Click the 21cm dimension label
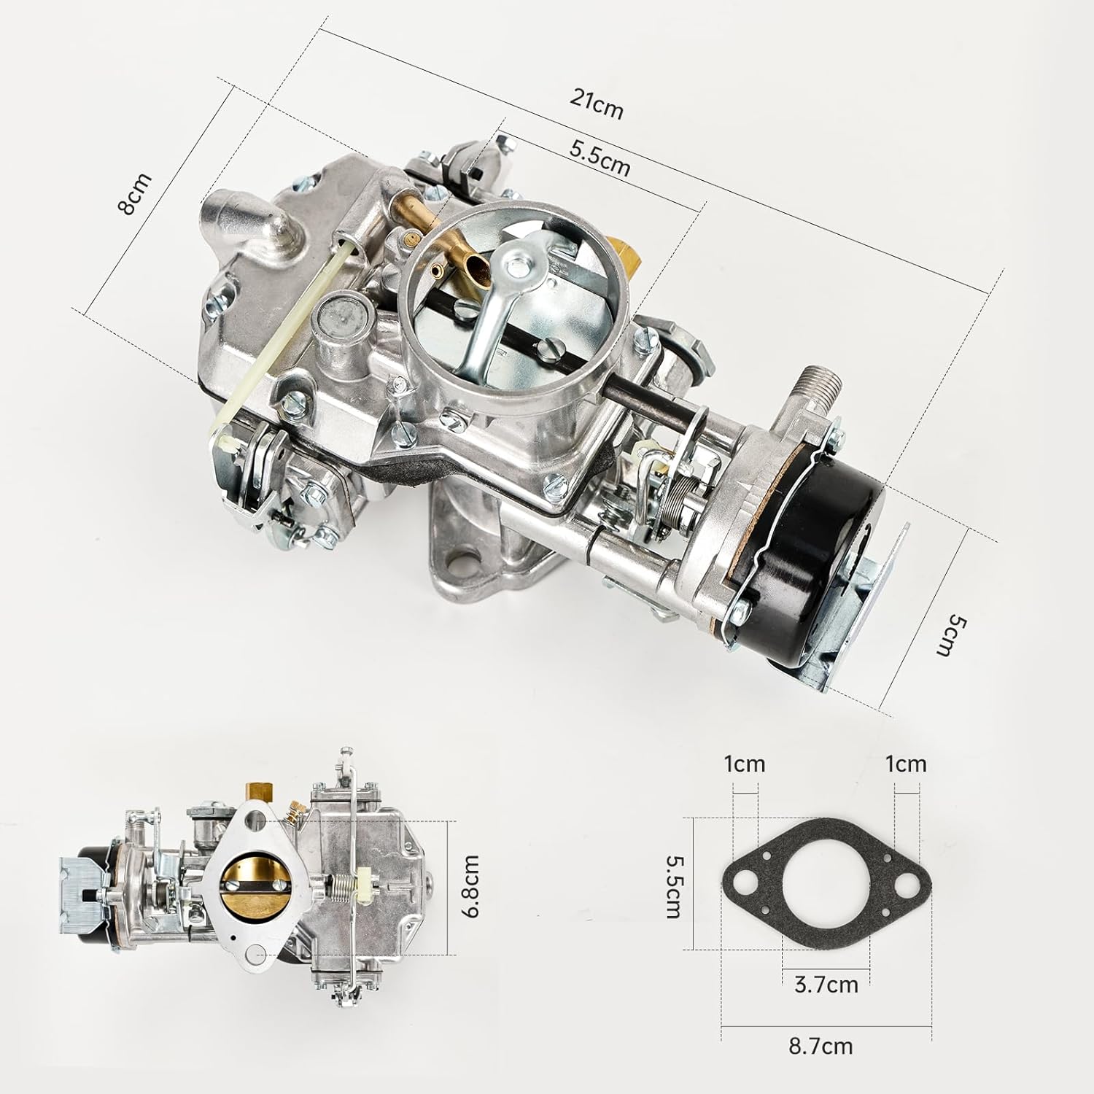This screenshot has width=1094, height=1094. click(x=597, y=105)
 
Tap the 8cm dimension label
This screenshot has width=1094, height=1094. click(x=134, y=195)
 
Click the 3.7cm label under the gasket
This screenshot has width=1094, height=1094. click(x=826, y=985)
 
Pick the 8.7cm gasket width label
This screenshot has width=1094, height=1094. click(x=820, y=1047)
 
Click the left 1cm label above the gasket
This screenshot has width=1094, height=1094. click(x=745, y=764)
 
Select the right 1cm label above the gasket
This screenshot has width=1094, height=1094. click(x=906, y=764)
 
